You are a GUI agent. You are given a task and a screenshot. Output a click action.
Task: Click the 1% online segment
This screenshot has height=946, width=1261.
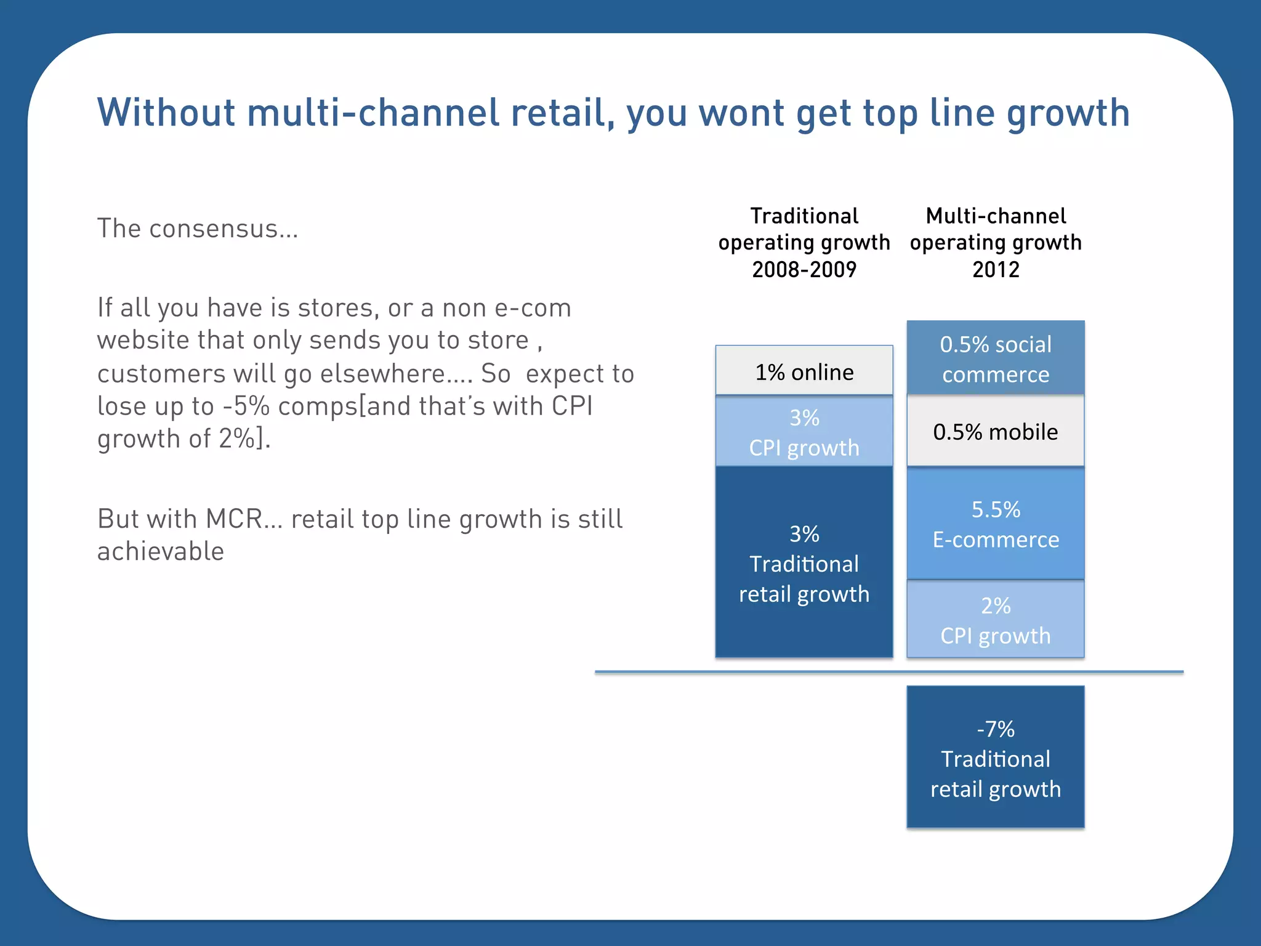point(804,371)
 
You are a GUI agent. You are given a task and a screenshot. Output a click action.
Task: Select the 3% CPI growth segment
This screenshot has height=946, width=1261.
point(804,432)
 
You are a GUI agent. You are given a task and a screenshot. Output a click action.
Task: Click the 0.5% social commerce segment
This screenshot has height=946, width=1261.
point(996,358)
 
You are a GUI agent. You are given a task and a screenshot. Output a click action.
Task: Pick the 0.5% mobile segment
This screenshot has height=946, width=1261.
point(996,431)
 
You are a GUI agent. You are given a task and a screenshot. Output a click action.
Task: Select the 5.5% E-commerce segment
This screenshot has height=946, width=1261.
point(996,524)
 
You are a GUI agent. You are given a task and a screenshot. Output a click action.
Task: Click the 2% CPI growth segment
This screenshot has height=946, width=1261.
point(996,620)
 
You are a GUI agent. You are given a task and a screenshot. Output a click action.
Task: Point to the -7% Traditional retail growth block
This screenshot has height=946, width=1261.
point(996,758)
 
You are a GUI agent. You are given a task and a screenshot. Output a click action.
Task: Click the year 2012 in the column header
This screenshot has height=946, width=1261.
point(996,270)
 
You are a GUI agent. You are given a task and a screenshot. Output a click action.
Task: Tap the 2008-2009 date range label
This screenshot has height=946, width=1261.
point(804,270)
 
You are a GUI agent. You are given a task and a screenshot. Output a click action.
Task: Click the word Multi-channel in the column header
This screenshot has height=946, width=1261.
point(996,216)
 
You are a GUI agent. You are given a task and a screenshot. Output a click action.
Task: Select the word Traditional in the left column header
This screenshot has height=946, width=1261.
point(804,216)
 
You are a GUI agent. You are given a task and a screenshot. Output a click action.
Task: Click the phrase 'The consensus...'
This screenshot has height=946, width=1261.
point(198,228)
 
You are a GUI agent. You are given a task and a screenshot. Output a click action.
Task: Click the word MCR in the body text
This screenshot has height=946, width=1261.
point(234,519)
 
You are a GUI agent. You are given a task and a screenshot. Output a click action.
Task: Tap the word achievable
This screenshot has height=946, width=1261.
point(161,551)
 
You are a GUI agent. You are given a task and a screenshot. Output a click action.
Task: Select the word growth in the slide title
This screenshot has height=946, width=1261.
point(1068,114)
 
